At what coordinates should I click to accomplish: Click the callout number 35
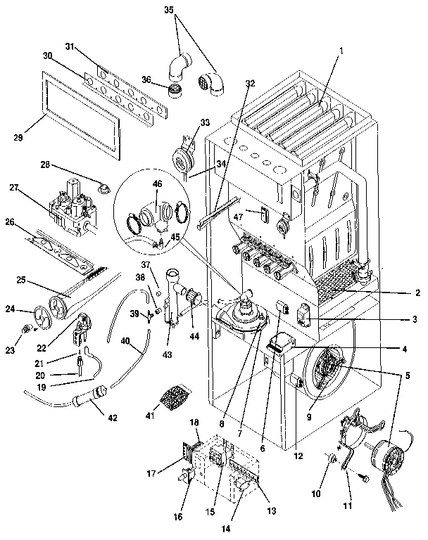pyautogui.click(x=168, y=11)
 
